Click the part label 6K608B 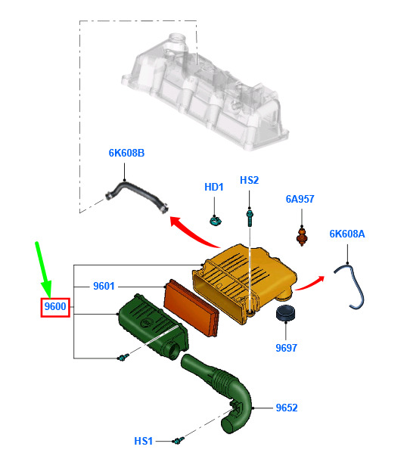point(126,153)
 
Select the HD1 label point(214,187)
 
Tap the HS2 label point(249,180)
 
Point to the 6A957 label point(300,199)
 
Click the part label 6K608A point(347,234)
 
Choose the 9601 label point(104,286)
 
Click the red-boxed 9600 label point(55,307)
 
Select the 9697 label point(287,348)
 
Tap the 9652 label point(287,408)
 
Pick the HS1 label point(144,441)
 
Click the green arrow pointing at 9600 point(43,270)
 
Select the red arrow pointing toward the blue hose point(310,283)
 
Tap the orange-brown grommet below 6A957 point(302,236)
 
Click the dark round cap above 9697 point(285,313)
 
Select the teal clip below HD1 point(216,220)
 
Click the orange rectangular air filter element point(192,307)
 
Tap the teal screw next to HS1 point(179,440)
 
